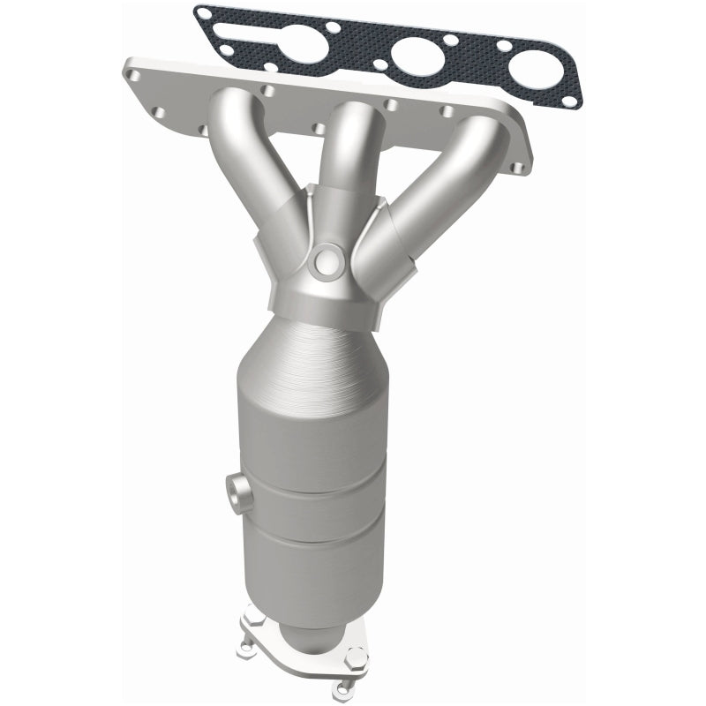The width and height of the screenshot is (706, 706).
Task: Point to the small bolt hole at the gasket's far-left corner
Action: pos(205,14)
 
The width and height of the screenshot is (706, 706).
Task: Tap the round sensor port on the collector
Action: pos(327,260)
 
